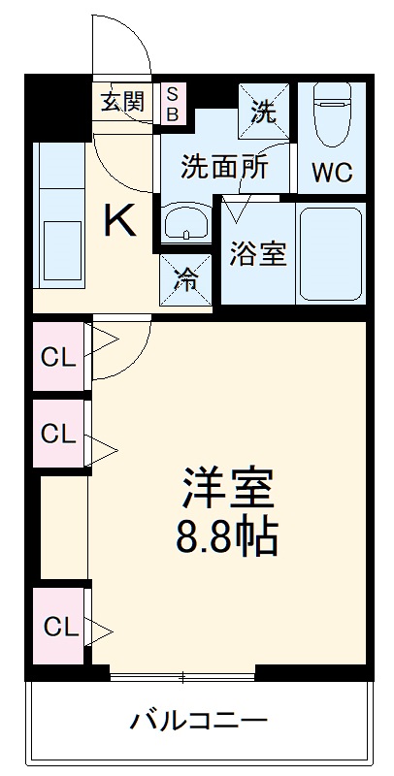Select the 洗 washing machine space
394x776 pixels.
pos(264,111)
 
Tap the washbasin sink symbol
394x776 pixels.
pos(186,224)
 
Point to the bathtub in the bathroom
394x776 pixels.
pos(330,252)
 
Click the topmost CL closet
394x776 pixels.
pos(57,357)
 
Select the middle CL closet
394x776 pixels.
pos(57,434)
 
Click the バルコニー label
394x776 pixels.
pos(199,721)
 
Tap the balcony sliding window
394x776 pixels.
pos(182,672)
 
